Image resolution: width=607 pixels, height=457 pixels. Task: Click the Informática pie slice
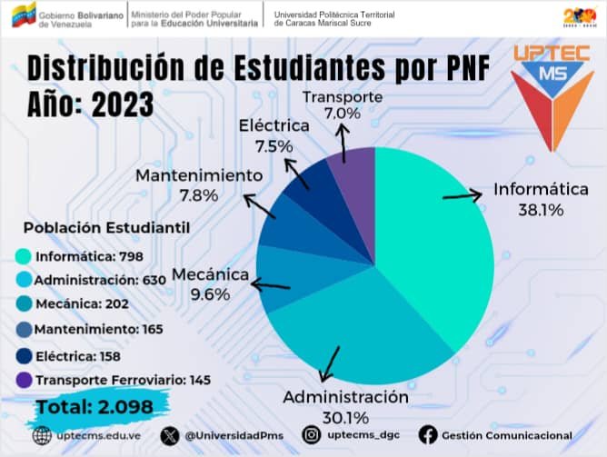(x=436, y=245)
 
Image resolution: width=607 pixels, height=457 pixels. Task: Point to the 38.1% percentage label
(x=541, y=210)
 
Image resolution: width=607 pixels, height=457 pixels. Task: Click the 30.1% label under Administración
(x=345, y=418)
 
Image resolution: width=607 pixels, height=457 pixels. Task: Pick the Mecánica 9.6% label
(x=211, y=294)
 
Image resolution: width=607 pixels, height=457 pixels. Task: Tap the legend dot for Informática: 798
(x=24, y=256)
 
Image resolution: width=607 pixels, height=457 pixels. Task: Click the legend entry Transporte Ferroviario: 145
(x=99, y=379)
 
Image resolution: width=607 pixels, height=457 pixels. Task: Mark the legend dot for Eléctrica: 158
(x=24, y=354)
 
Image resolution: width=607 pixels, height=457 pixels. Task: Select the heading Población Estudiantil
(x=106, y=227)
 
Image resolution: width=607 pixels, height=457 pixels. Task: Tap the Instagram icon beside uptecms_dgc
(x=312, y=436)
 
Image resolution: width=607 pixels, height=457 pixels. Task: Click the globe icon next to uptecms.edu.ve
(x=40, y=436)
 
